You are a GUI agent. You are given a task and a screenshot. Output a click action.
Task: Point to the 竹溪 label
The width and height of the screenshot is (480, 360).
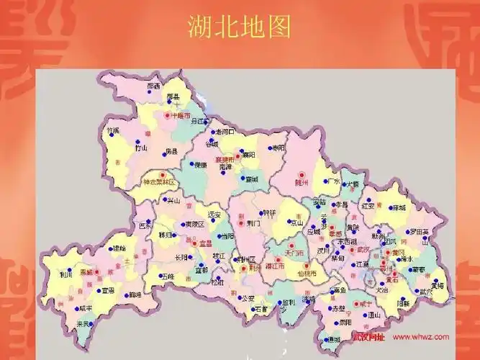click(112, 131)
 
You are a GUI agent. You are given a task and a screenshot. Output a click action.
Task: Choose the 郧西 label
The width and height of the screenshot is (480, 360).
click(153, 86)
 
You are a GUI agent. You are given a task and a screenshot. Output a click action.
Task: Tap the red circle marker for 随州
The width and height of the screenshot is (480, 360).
click(303, 175)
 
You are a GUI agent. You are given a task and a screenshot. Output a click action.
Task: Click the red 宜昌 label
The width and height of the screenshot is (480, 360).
click(206, 243)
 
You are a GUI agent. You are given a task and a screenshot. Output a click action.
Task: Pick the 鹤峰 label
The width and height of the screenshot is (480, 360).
click(135, 294)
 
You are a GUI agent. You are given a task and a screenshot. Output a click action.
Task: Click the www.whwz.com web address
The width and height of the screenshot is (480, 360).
click(422, 337)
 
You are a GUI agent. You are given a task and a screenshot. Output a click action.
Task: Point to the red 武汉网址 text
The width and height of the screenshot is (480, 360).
click(368, 337)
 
